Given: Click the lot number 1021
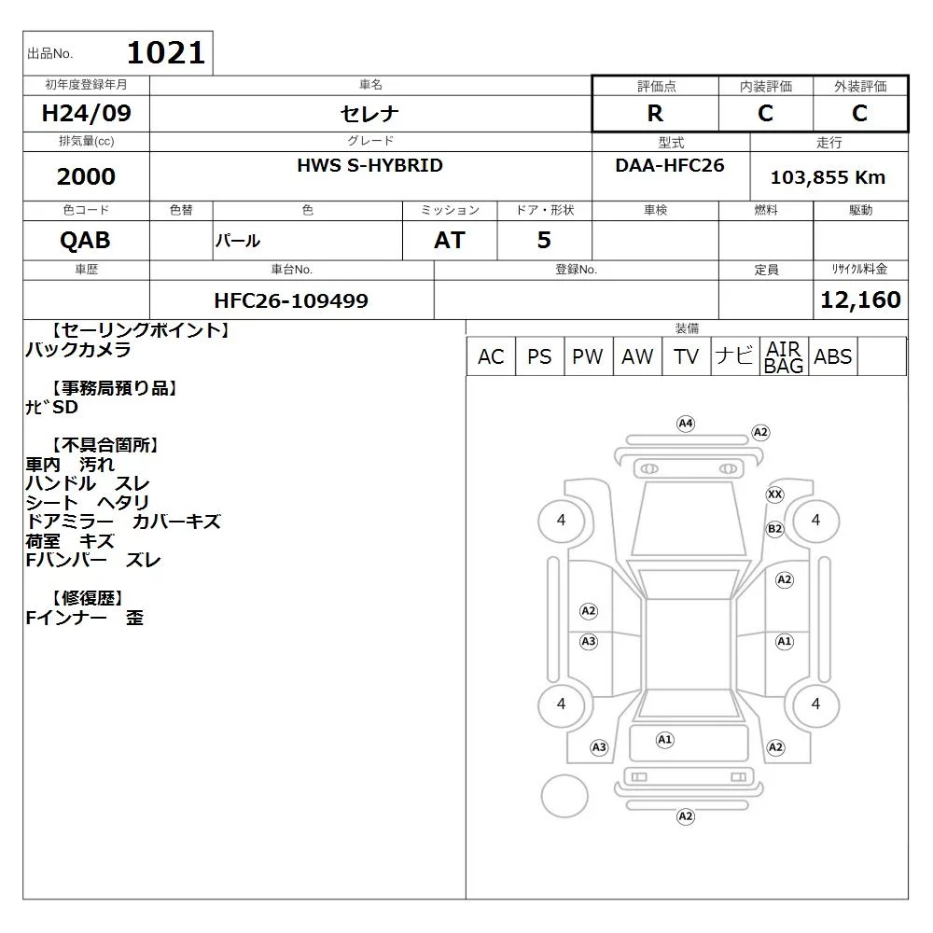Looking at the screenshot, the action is point(166,53).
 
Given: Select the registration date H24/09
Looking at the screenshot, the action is point(86,113).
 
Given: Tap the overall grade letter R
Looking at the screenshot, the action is point(655,113).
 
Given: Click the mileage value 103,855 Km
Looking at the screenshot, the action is point(828,177).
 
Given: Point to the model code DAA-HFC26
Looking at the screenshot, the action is point(670,165).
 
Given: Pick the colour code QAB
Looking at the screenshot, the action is point(85,241).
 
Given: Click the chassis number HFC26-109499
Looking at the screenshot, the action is point(291,300).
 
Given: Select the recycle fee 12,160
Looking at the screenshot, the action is point(860,299).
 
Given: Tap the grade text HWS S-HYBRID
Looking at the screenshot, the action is point(370,165).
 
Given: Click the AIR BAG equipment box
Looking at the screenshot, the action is point(784,356).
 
